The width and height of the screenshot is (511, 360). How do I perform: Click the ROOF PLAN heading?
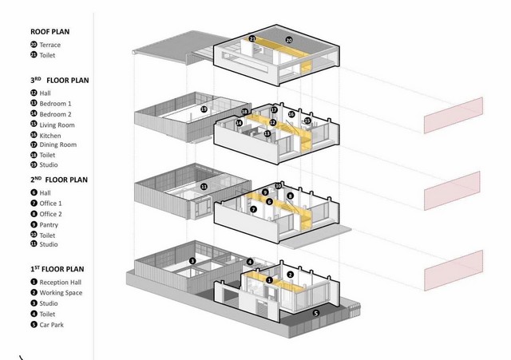tap(50, 32)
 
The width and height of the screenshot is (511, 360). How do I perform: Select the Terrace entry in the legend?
tap(50, 45)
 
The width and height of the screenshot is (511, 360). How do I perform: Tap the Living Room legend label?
tap(57, 125)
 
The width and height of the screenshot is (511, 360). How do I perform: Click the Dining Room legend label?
tap(58, 144)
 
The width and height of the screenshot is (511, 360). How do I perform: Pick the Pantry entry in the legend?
tap(49, 225)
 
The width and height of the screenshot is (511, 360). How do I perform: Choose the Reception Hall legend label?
tap(61, 283)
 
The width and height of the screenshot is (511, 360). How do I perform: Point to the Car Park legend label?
tap(51, 325)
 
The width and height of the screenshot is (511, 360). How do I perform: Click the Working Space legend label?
tap(61, 293)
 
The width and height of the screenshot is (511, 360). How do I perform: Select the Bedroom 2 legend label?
tap(55, 114)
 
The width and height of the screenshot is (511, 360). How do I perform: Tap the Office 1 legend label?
tap(50, 204)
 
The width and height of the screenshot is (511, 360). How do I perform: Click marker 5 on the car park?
tap(315, 314)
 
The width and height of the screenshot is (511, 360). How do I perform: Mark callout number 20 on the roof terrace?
tap(289, 40)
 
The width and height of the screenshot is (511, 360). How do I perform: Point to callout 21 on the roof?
tap(252, 38)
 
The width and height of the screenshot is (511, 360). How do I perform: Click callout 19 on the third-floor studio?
tap(204, 109)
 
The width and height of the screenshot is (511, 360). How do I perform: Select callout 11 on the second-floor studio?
tap(204, 187)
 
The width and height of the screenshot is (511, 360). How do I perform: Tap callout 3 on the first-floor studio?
tap(192, 261)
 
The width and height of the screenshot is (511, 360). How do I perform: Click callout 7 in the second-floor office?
tap(253, 209)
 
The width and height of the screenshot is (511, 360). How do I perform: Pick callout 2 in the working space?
tap(290, 275)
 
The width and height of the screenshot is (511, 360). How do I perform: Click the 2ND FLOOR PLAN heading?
tap(59, 180)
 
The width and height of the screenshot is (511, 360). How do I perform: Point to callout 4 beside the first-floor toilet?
tap(250, 262)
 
